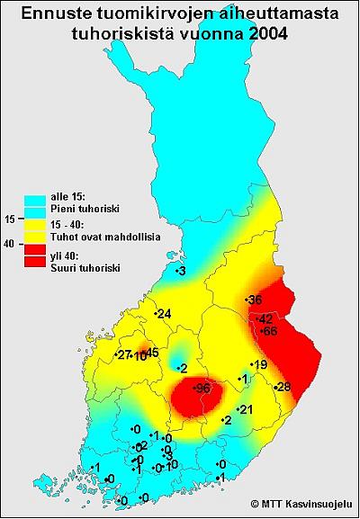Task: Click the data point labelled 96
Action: pyautogui.click(x=202, y=388)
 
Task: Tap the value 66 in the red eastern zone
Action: pyautogui.click(x=269, y=331)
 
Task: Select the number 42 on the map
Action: pyautogui.click(x=265, y=319)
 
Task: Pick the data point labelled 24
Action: pyautogui.click(x=163, y=314)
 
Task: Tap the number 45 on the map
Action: pyautogui.click(x=151, y=353)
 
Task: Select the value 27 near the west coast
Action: pyautogui.click(x=124, y=355)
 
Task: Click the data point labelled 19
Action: pyautogui.click(x=260, y=364)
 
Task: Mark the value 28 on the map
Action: pyautogui.click(x=283, y=387)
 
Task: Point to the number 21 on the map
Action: pyautogui.click(x=245, y=410)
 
